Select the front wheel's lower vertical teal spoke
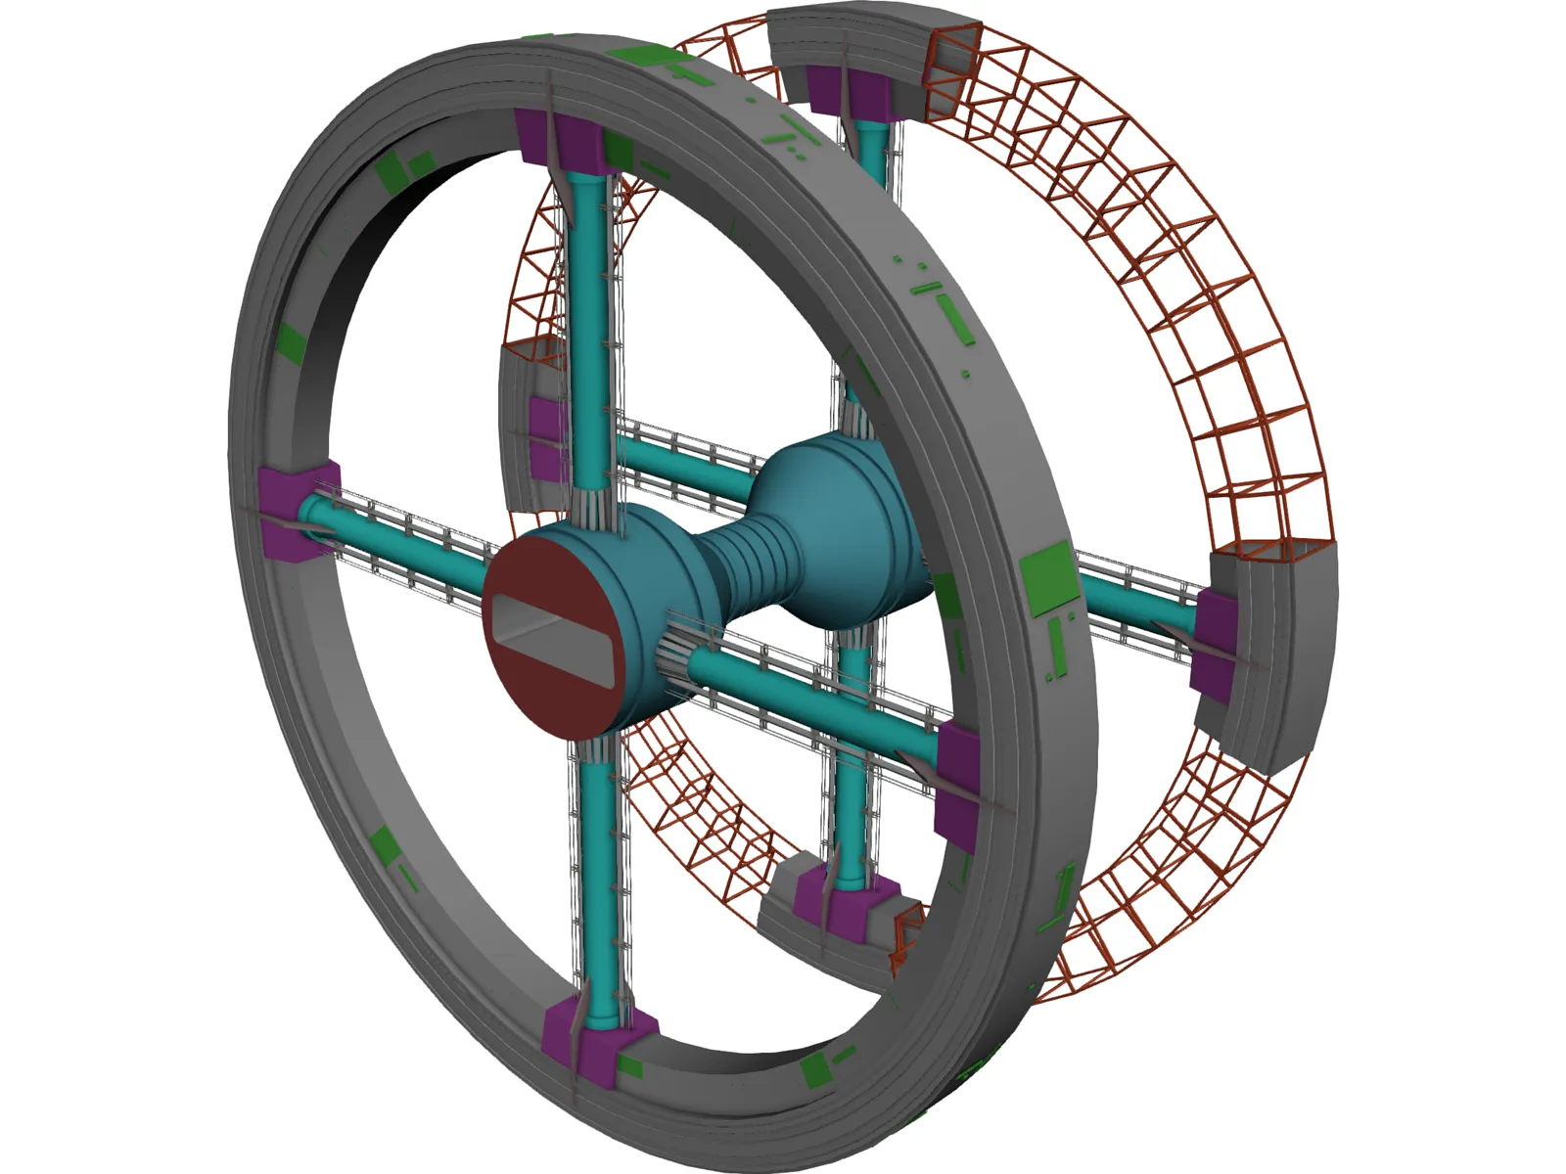coord(597,880)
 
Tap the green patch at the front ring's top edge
coord(641,59)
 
